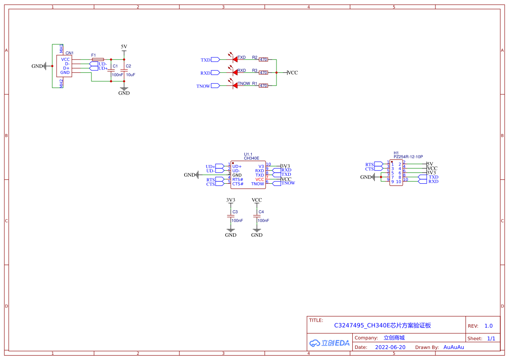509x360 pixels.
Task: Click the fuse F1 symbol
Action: coord(98,59)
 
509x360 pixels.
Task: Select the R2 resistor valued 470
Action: coord(263,59)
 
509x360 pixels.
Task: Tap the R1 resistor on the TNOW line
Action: coord(263,86)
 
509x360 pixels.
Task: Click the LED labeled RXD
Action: coord(235,72)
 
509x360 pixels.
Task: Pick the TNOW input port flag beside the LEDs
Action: coord(216,86)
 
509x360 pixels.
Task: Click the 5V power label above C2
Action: coord(124,47)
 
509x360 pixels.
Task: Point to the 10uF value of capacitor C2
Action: coord(131,75)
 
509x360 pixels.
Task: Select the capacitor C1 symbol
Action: coord(111,71)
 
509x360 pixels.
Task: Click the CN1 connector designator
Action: coord(70,53)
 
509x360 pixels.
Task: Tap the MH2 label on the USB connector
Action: coord(61,84)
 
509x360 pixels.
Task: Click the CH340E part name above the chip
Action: coord(252,158)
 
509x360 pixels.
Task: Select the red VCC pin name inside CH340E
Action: coord(260,179)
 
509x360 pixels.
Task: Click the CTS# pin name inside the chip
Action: coord(238,184)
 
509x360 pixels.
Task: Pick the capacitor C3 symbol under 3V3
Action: coord(231,216)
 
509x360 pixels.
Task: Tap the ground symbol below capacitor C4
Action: coord(257,230)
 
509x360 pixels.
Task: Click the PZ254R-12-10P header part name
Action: coord(408,157)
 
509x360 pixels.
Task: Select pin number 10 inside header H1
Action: coord(398,182)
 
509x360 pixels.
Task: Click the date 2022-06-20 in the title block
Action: coord(390,347)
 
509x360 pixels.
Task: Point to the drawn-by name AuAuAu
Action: coord(454,347)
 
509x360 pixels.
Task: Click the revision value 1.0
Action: coord(489,326)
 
